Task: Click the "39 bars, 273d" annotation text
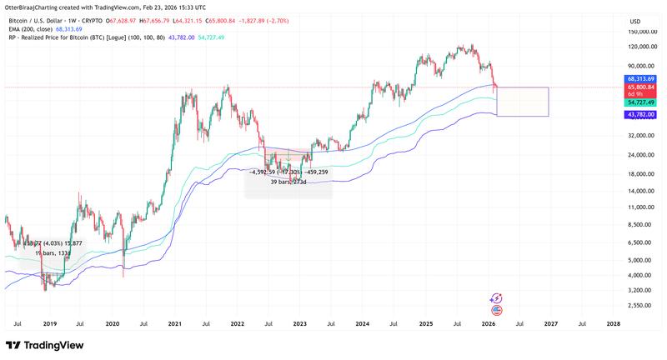(x=289, y=181)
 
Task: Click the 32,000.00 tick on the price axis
(x=644, y=135)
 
